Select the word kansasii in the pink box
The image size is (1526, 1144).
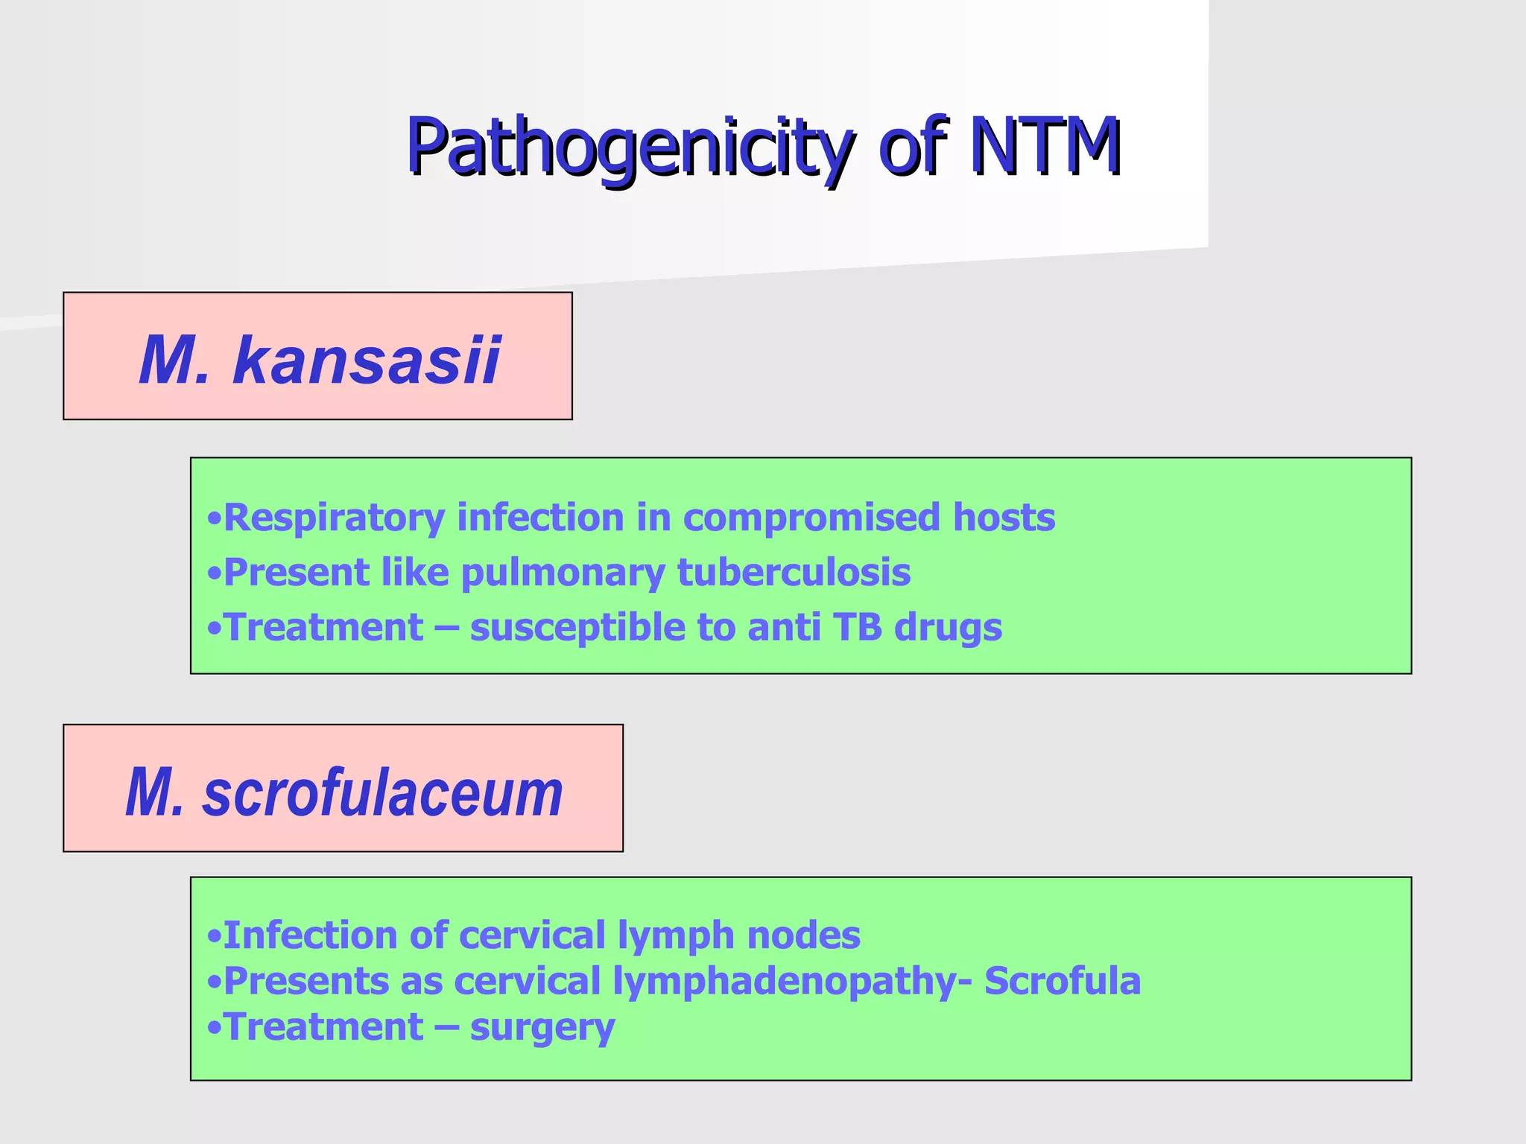coord(367,360)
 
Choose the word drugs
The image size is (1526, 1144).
coord(948,628)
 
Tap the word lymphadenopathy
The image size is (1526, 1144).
coord(785,982)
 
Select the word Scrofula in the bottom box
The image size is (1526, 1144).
coord(1062,981)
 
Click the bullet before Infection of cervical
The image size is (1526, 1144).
coord(215,936)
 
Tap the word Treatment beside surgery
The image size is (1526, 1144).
coord(324,1027)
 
